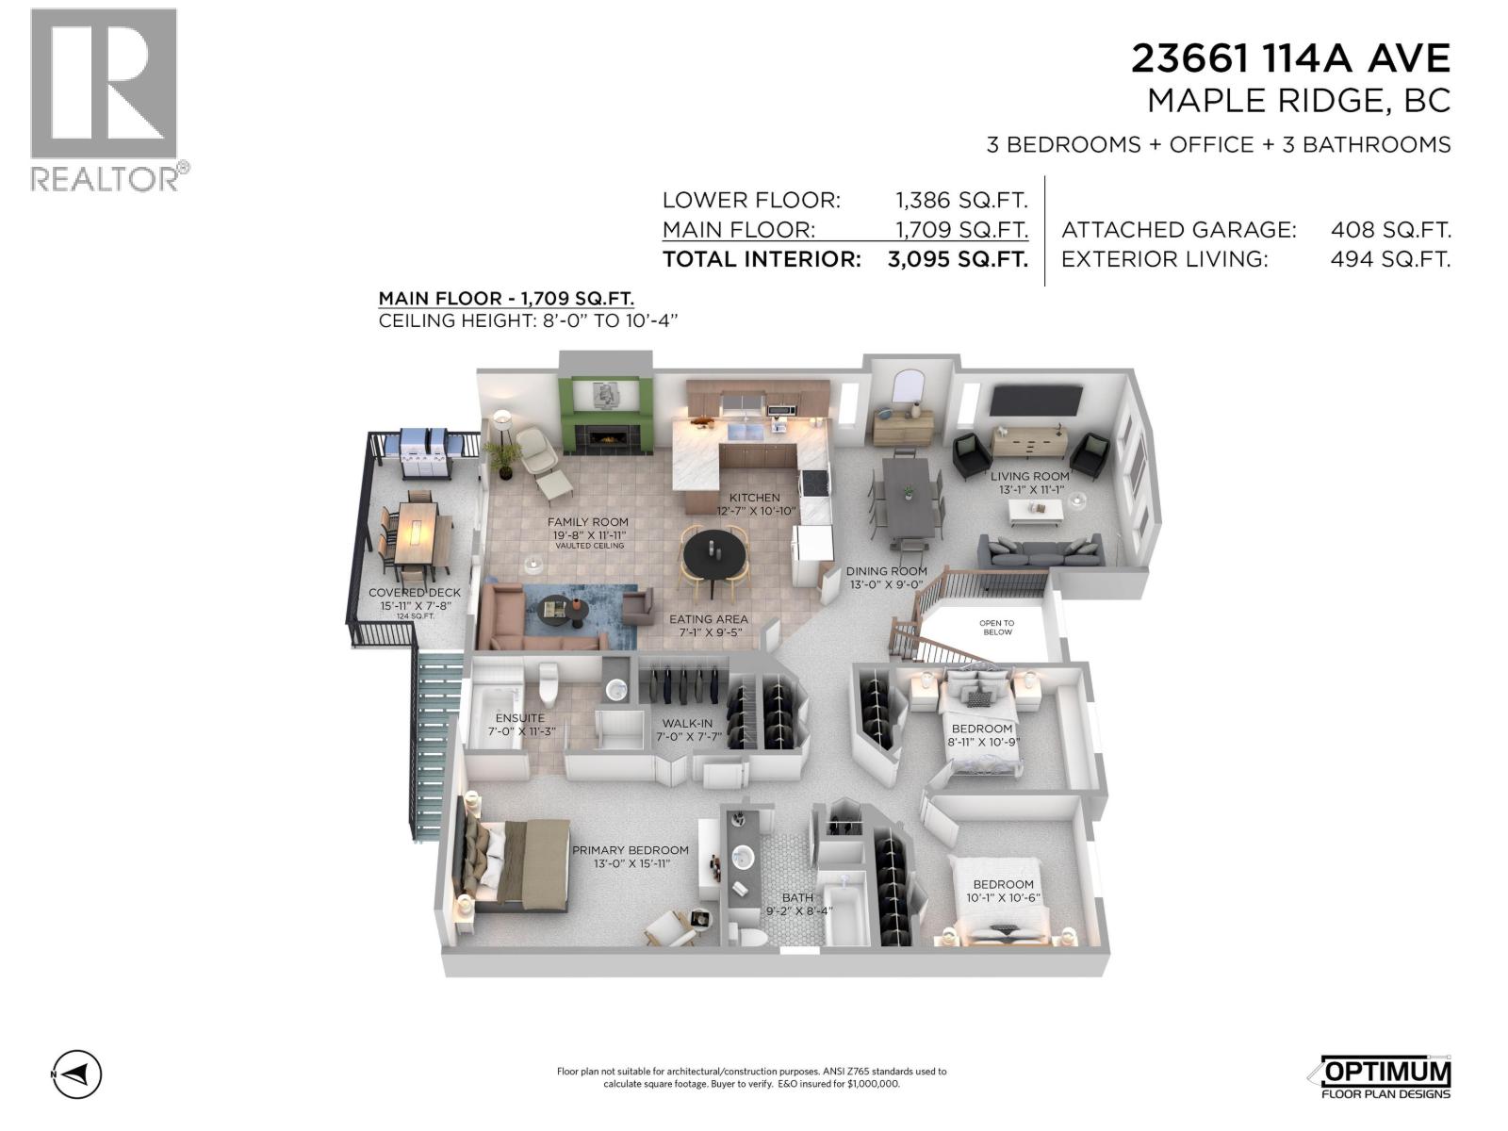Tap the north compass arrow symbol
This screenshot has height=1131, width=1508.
point(77,1074)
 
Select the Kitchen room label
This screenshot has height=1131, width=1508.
point(755,504)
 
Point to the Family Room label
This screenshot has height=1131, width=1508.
point(587,533)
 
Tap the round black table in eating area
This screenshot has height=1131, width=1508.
point(713,555)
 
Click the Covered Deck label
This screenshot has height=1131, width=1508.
point(415,601)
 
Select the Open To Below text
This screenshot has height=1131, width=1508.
point(997,627)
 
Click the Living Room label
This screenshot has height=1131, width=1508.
point(1030,482)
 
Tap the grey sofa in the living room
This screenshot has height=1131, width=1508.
point(1041,550)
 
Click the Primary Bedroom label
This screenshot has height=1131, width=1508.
point(631,857)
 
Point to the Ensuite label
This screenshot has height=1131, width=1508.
point(520,725)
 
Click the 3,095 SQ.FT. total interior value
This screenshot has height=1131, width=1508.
point(958,259)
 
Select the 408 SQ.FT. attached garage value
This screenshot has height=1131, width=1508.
point(1390,229)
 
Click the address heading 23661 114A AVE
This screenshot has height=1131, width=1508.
point(1290,58)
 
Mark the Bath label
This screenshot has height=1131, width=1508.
point(797,904)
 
